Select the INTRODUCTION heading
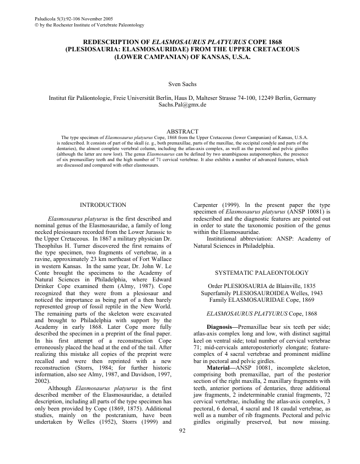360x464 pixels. [103, 205]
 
